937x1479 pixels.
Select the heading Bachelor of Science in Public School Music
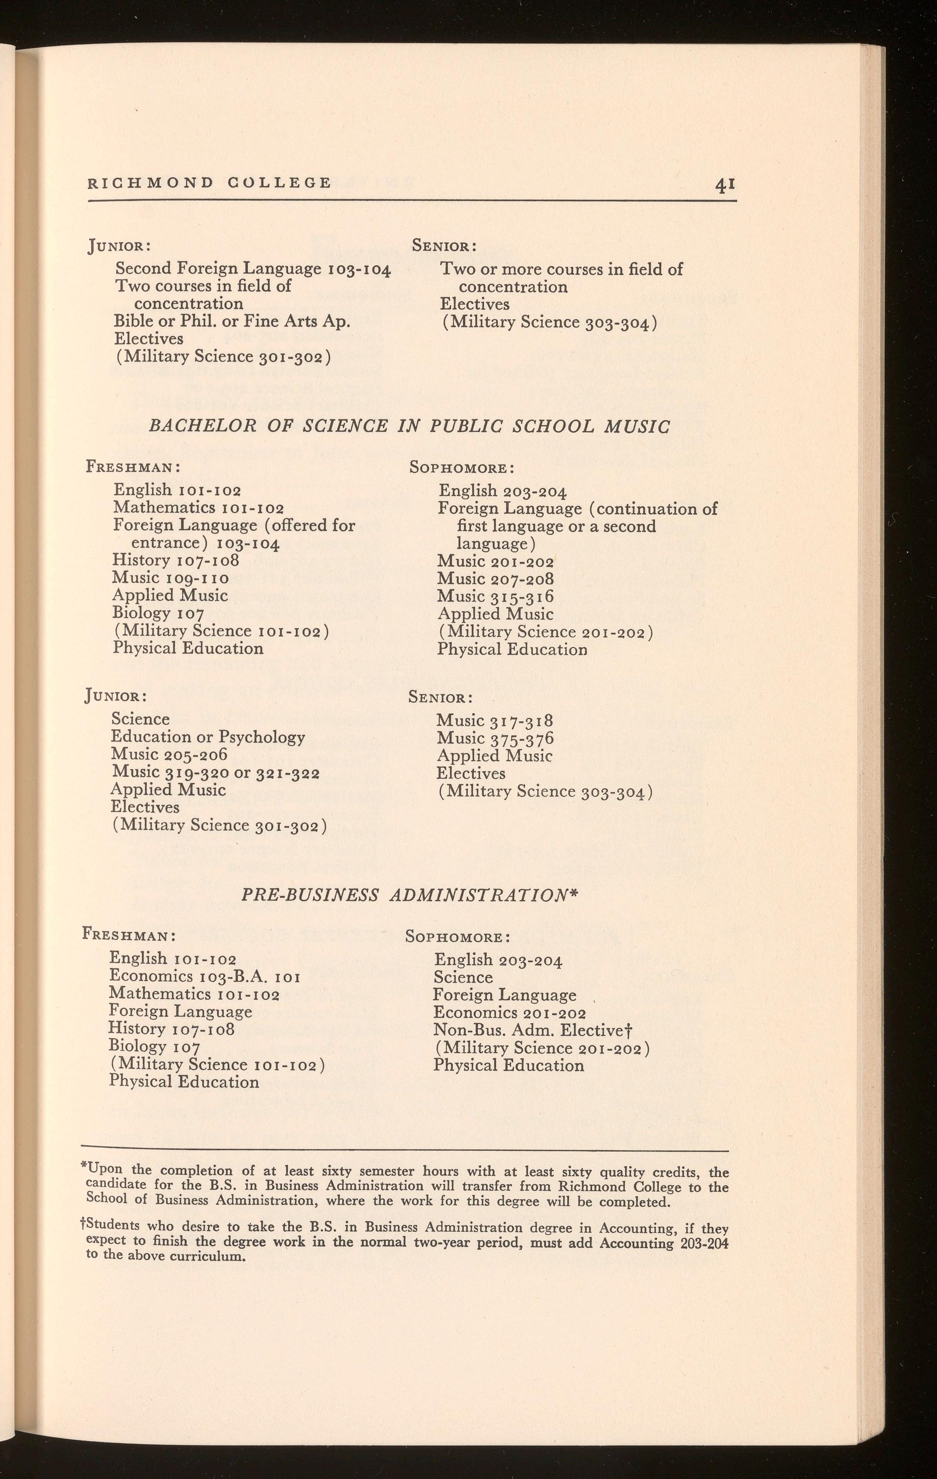click(x=409, y=426)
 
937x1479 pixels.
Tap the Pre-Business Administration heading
click(x=410, y=896)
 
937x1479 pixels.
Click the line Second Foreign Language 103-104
click(x=253, y=269)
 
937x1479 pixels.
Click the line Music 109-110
click(x=171, y=578)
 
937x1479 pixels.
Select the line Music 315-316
click(x=495, y=596)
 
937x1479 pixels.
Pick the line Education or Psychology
click(x=208, y=737)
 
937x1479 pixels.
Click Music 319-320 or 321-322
click(x=215, y=773)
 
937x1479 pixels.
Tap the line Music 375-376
click(x=495, y=738)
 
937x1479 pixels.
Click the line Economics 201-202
click(x=510, y=1012)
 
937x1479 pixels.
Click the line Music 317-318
click(x=495, y=720)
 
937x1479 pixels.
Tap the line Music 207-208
click(x=495, y=579)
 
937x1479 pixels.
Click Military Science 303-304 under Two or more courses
click(x=550, y=322)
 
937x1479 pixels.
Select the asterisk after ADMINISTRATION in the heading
click(x=575, y=894)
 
